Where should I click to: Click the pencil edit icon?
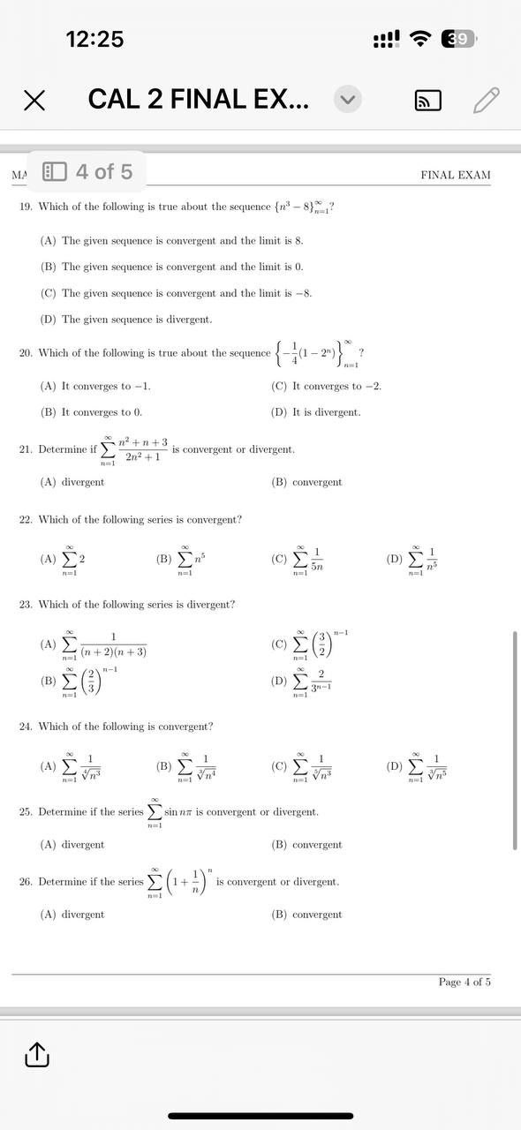(487, 101)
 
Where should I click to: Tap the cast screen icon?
(428, 102)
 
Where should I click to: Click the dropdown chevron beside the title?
(348, 101)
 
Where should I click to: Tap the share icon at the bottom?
(35, 1054)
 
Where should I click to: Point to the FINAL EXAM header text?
(455, 175)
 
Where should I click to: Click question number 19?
(26, 207)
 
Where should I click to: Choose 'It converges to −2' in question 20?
(327, 386)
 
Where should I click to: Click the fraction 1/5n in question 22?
(316, 559)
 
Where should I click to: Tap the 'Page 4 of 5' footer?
(464, 982)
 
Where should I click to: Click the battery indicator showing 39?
(460, 39)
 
